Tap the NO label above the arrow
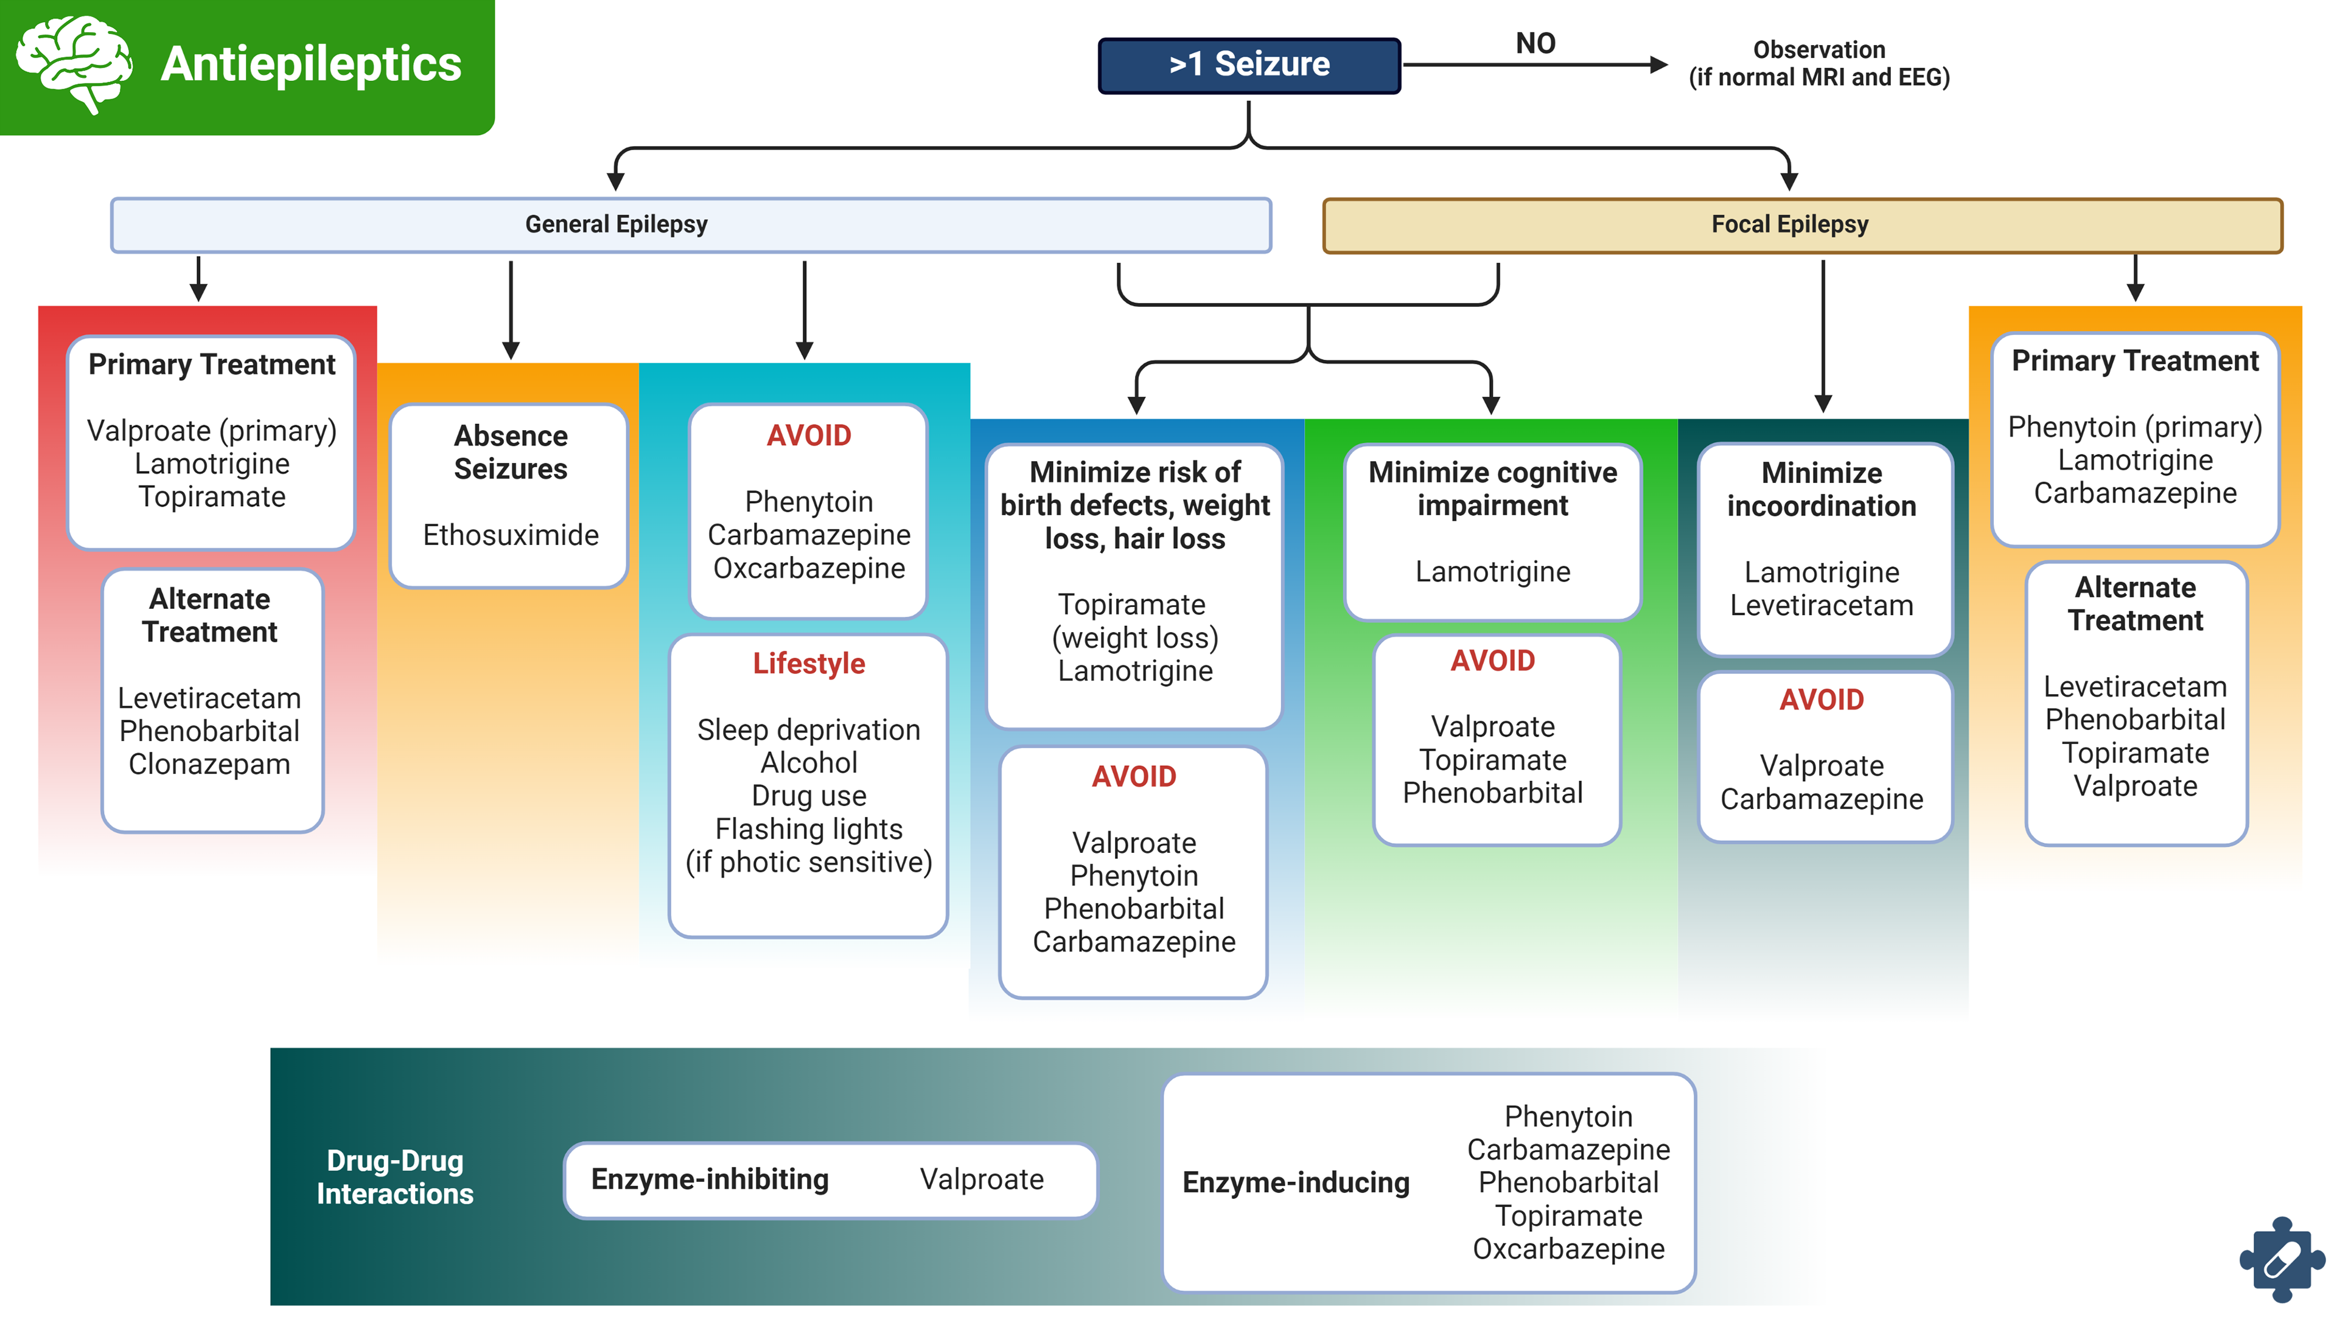click(x=1535, y=44)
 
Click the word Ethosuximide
click(x=511, y=535)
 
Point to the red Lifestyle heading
click(x=808, y=663)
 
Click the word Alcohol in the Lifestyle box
click(x=808, y=763)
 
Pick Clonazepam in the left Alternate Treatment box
click(x=209, y=765)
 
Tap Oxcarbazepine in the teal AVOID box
click(x=808, y=569)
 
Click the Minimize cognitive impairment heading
click(x=1492, y=489)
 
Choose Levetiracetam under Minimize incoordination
click(x=1821, y=606)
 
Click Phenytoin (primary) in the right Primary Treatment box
click(x=2135, y=427)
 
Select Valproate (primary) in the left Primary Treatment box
click(x=211, y=431)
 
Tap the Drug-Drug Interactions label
click(x=394, y=1177)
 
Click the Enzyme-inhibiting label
click(x=710, y=1179)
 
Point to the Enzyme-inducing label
click(x=1296, y=1183)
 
